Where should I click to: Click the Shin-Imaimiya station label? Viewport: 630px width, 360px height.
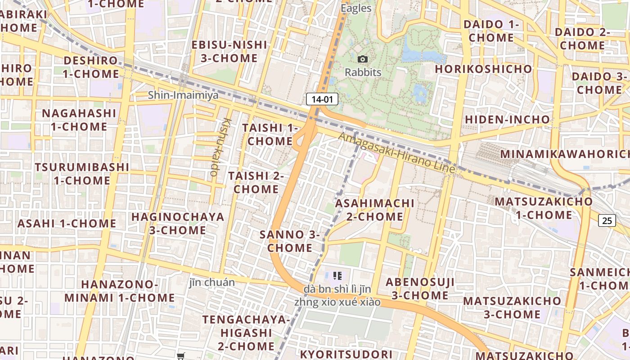click(183, 95)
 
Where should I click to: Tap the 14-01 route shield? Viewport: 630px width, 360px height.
click(322, 99)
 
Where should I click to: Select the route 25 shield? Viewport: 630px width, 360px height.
click(607, 220)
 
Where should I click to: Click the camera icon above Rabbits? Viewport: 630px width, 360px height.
click(363, 59)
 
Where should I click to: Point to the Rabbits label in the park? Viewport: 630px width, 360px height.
click(363, 72)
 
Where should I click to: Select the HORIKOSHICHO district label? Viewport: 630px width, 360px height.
click(483, 69)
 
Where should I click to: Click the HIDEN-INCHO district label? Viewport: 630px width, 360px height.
click(507, 120)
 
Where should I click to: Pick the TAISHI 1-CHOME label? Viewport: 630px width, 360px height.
click(270, 134)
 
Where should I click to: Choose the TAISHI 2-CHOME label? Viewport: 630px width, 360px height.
click(256, 182)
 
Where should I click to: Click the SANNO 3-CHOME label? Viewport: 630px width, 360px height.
click(290, 241)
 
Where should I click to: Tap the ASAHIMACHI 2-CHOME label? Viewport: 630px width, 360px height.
click(375, 210)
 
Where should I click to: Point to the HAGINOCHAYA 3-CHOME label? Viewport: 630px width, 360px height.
click(178, 223)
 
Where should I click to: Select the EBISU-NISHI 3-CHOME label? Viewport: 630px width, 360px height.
click(229, 51)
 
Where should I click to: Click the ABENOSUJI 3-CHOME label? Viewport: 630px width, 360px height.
click(420, 288)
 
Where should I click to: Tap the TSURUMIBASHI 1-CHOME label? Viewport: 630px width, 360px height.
click(82, 174)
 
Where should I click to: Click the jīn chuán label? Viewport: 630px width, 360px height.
click(212, 283)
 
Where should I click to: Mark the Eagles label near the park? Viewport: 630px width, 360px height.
click(356, 8)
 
